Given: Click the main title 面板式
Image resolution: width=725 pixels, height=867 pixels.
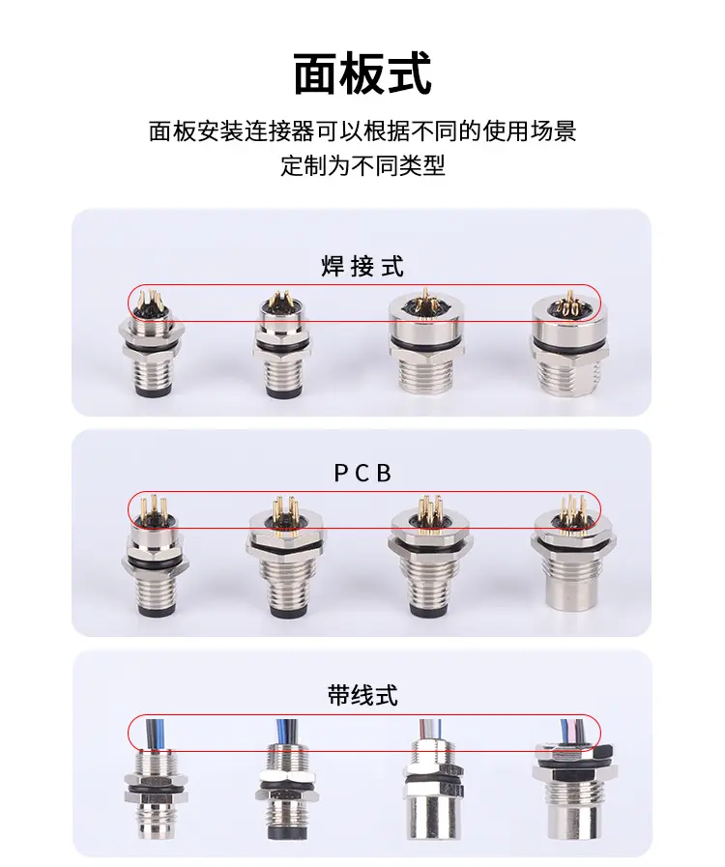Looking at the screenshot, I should (x=362, y=74).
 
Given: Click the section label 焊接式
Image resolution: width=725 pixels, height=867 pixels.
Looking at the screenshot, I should (x=362, y=266).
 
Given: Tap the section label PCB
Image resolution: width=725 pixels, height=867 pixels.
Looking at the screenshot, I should (x=362, y=474).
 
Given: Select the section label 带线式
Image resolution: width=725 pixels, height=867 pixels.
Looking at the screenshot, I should (x=362, y=695).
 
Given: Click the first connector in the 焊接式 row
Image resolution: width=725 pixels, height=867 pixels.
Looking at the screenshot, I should (x=151, y=348).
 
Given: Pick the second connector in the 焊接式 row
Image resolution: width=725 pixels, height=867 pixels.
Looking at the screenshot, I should (x=277, y=348).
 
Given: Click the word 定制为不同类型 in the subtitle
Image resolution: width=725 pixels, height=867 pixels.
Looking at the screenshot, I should (x=362, y=165).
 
